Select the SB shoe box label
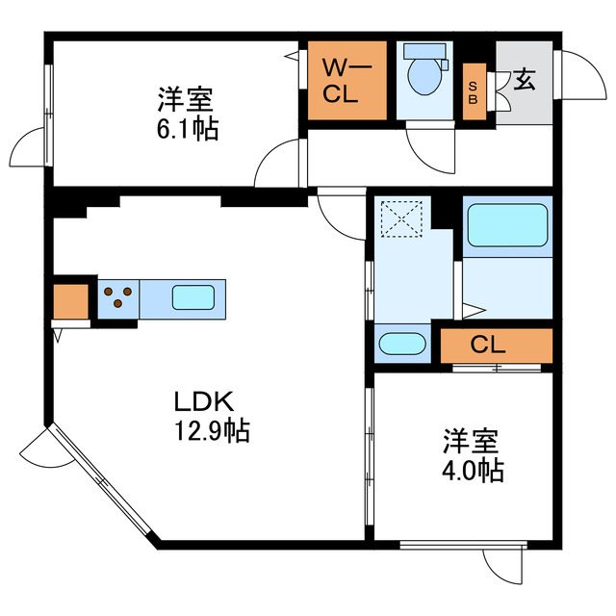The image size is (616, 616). [x=475, y=92]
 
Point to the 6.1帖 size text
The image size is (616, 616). [x=188, y=128]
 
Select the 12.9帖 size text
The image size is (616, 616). [x=211, y=431]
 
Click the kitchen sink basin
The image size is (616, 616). [x=192, y=297]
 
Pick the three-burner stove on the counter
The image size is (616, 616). [x=118, y=297]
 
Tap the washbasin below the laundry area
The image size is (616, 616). [x=402, y=345]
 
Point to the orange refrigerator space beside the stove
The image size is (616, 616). [x=70, y=302]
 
